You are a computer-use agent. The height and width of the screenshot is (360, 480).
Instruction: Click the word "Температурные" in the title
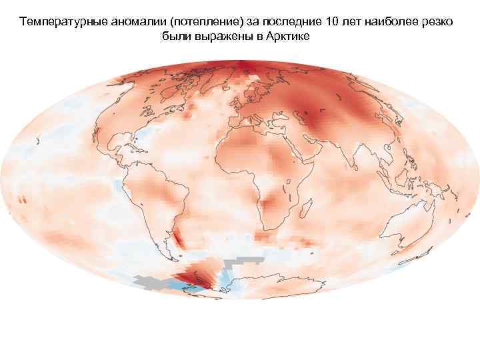click(x=56, y=21)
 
